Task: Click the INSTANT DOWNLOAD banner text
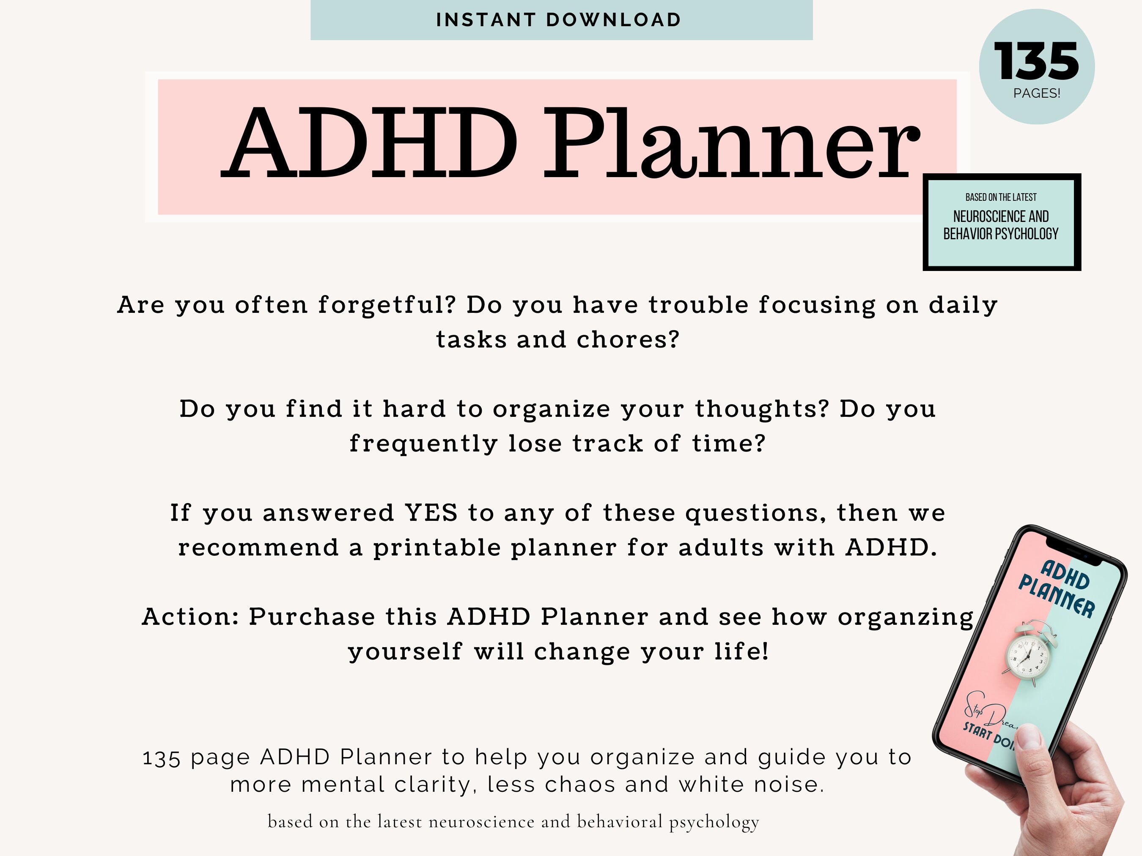559,20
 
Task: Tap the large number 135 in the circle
1036,61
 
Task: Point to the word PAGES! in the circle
1036,93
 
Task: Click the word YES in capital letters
431,513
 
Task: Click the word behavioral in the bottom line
619,821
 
